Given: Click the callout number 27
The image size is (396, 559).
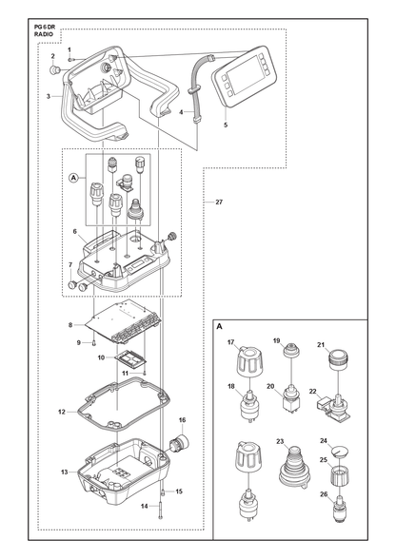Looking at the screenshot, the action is [219, 202].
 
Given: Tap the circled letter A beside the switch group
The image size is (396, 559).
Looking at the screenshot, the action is [73, 177].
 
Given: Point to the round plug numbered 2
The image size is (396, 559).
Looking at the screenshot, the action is [54, 68].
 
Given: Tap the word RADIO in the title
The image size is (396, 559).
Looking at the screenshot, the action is [44, 34].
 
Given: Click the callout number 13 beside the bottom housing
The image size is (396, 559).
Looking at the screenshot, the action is [65, 472].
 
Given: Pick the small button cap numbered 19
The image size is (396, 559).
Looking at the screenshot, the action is [291, 350].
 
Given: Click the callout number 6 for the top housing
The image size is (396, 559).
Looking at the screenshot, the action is [74, 231].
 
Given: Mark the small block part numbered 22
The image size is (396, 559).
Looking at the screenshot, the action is [323, 403].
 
